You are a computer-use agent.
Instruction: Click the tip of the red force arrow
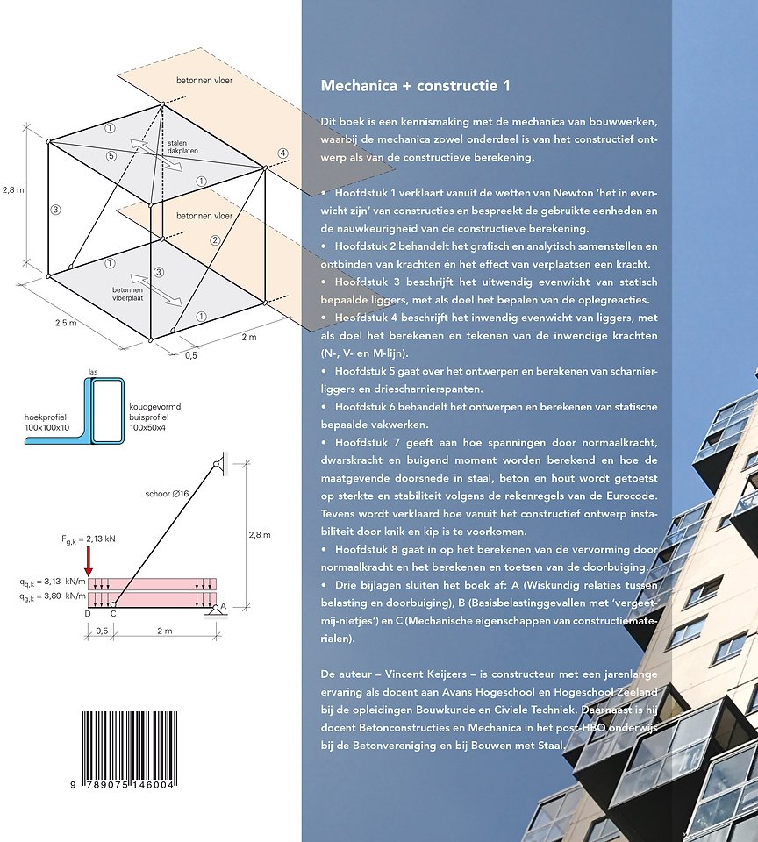tap(88, 576)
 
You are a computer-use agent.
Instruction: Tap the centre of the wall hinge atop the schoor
tap(217, 464)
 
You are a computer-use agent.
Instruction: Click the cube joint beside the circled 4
tap(265, 168)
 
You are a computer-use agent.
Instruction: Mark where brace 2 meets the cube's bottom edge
tap(173, 331)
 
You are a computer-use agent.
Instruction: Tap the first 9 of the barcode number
tap(73, 784)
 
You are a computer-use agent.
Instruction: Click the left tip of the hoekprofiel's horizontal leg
tap(25, 441)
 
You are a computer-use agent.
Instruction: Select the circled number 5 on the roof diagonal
tap(111, 156)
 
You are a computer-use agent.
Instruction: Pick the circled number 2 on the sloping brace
tap(215, 240)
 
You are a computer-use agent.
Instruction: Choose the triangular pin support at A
tap(216, 610)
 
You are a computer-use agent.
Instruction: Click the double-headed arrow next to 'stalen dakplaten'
tap(156, 155)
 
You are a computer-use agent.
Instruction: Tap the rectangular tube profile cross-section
tap(107, 411)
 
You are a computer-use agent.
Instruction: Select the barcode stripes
tap(130, 746)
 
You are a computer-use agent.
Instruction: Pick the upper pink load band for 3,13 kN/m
tap(152, 584)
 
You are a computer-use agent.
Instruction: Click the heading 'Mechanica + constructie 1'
tap(415, 86)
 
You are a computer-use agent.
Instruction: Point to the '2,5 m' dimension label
tap(66, 323)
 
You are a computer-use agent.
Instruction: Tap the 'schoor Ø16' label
tap(167, 494)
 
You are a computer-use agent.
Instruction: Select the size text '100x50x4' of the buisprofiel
tap(148, 427)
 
